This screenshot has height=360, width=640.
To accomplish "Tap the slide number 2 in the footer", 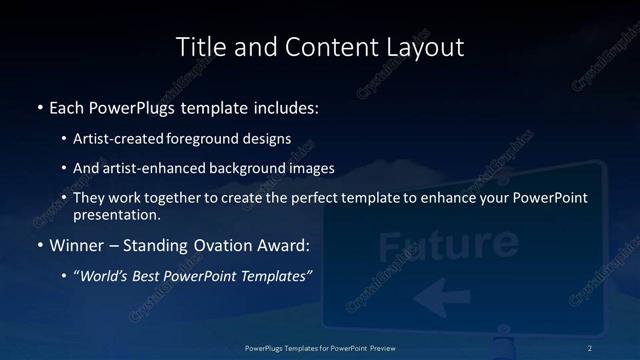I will [589, 347].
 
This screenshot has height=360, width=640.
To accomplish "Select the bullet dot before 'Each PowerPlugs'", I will [39, 106].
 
